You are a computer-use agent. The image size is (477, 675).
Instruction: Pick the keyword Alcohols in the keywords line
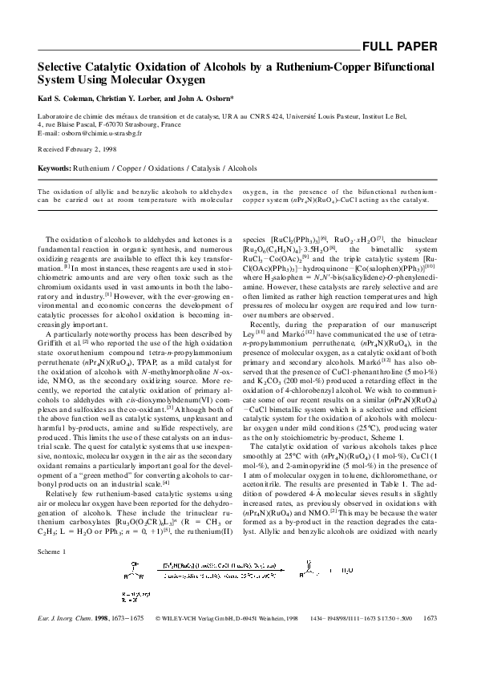coord(242,170)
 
